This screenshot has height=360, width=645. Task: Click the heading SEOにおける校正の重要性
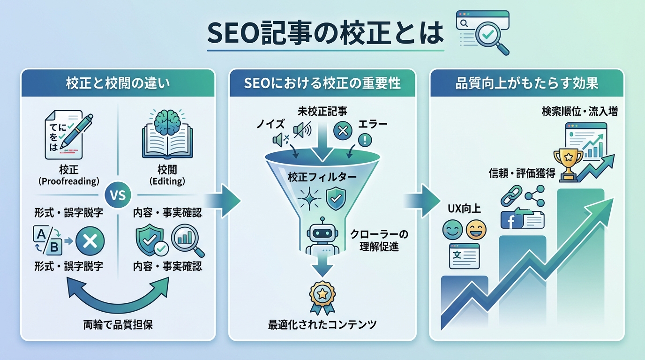[x=322, y=83]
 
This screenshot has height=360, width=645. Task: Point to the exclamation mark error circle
[x=364, y=140]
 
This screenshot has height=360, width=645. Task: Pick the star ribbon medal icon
[x=322, y=297]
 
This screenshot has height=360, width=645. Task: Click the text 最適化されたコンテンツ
[x=322, y=324]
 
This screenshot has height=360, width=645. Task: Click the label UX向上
[x=464, y=209]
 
